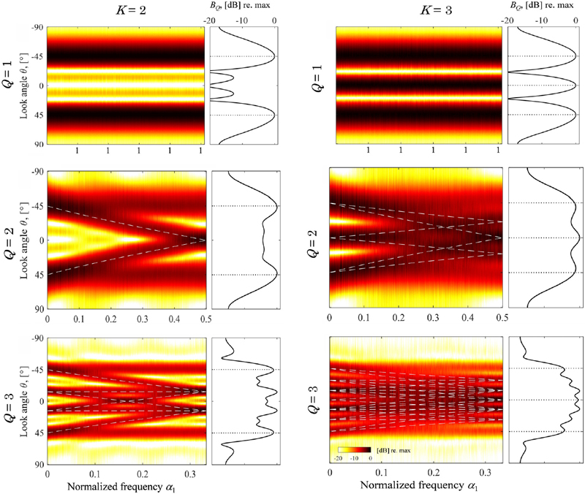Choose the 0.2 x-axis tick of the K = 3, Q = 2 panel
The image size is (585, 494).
[399, 319]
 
